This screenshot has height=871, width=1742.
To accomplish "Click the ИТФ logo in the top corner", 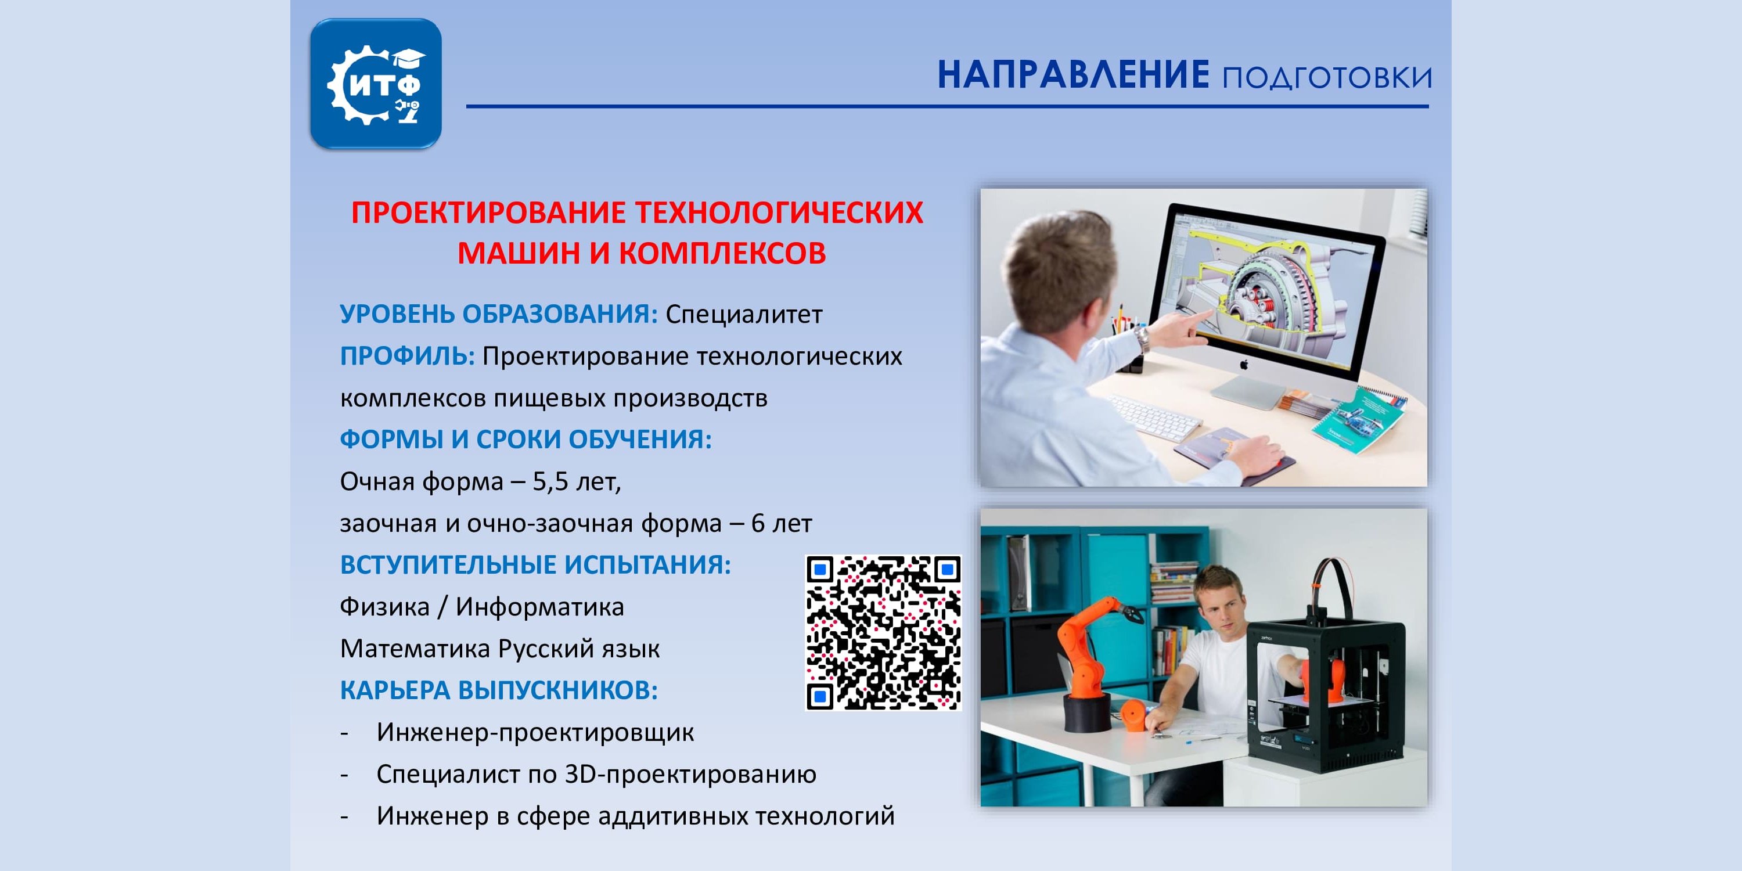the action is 376,83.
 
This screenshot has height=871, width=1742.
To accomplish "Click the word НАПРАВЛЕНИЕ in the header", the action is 1072,74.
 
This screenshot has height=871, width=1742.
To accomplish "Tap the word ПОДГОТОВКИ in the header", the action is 1327,78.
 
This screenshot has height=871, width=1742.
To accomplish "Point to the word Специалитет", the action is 744,315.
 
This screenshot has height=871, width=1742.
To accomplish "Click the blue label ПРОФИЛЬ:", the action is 407,356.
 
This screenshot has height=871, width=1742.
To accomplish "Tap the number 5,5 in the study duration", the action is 550,482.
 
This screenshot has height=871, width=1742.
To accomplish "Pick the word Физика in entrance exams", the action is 384,607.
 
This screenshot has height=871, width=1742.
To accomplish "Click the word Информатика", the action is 539,607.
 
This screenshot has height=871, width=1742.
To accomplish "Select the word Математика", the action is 415,649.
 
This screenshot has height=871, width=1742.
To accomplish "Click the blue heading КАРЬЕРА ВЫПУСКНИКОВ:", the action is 499,690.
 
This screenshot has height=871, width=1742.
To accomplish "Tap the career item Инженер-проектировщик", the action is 535,732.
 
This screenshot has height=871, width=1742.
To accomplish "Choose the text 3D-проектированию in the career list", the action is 690,774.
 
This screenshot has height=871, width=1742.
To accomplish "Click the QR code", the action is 883,633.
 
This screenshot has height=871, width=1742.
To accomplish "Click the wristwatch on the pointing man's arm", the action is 1142,338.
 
